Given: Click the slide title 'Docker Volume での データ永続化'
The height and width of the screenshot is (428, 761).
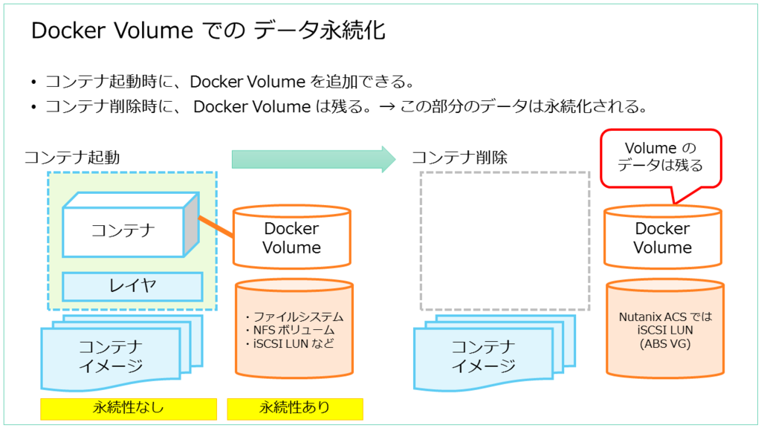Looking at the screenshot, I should click(208, 32).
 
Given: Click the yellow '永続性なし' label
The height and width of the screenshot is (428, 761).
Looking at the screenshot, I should click(128, 408).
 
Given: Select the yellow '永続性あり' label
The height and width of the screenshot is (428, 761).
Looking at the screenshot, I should click(294, 408).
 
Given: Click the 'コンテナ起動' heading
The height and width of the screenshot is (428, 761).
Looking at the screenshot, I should click(72, 158).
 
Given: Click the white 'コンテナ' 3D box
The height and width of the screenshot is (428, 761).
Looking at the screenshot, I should click(123, 230).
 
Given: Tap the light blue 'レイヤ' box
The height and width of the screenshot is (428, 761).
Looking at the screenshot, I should click(132, 285).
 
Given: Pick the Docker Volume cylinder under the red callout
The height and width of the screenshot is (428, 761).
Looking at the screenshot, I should click(662, 238).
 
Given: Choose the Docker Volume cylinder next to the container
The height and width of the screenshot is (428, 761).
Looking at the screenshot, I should click(291, 238).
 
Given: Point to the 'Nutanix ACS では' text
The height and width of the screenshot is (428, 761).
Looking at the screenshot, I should click(665, 317).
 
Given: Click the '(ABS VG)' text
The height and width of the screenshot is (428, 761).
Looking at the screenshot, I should click(665, 343).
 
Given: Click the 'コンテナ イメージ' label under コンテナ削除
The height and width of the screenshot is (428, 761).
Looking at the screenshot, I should click(483, 356).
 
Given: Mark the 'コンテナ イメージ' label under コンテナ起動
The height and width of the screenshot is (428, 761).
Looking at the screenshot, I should click(111, 356).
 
